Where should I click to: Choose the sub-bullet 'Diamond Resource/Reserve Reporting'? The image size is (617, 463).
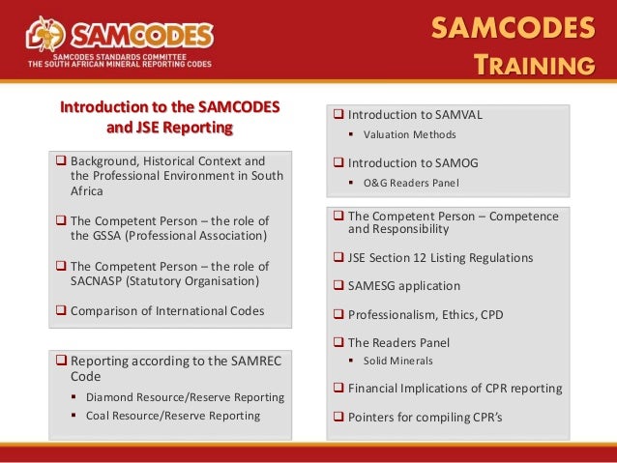[x=185, y=397]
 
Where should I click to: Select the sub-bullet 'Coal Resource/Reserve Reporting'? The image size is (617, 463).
[x=173, y=416]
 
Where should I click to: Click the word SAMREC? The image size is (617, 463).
[x=253, y=361]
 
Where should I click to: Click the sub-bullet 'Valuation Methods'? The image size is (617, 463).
[x=409, y=134]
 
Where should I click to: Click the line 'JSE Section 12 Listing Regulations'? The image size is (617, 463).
[x=440, y=258]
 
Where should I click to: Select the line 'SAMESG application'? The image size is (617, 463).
[x=404, y=286]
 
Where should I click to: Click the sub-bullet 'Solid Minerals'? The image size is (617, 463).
[x=398, y=361]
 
